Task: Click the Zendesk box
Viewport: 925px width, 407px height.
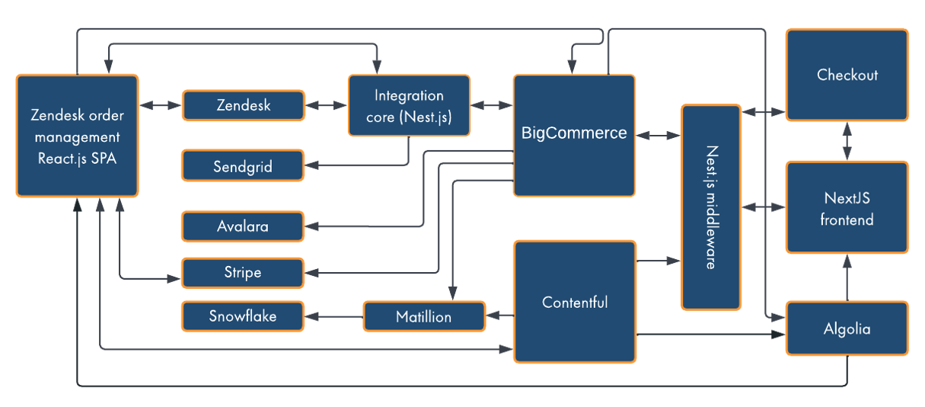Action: [243, 105]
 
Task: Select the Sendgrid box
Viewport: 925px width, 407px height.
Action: [243, 165]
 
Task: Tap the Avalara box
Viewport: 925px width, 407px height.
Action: [243, 226]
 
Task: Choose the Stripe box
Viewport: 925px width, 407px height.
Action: [243, 272]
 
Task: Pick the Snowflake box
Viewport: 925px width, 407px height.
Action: [243, 316]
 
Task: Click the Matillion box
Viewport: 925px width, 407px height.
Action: [424, 316]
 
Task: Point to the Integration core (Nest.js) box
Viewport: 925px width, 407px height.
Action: [409, 105]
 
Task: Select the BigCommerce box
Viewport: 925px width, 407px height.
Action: [574, 134]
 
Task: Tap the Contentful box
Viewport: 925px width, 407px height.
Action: [574, 302]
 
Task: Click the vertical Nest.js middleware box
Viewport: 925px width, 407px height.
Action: [711, 207]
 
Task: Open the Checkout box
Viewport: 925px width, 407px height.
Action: [847, 75]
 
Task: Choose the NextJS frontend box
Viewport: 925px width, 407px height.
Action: [847, 207]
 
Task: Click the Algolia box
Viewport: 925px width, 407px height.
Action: [847, 328]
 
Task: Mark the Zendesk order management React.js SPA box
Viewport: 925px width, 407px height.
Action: [76, 136]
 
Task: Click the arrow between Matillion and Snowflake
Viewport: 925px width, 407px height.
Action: [333, 316]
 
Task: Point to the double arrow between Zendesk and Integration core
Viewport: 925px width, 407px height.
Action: [326, 105]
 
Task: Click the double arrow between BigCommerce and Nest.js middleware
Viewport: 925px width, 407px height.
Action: [658, 136]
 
